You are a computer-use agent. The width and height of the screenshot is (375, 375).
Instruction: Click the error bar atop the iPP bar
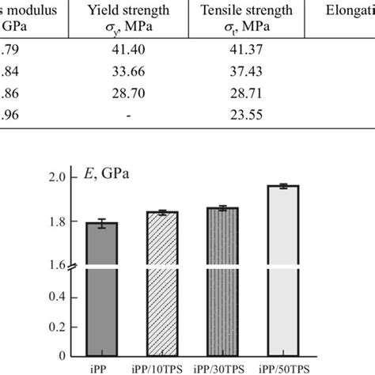(x=101, y=224)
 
